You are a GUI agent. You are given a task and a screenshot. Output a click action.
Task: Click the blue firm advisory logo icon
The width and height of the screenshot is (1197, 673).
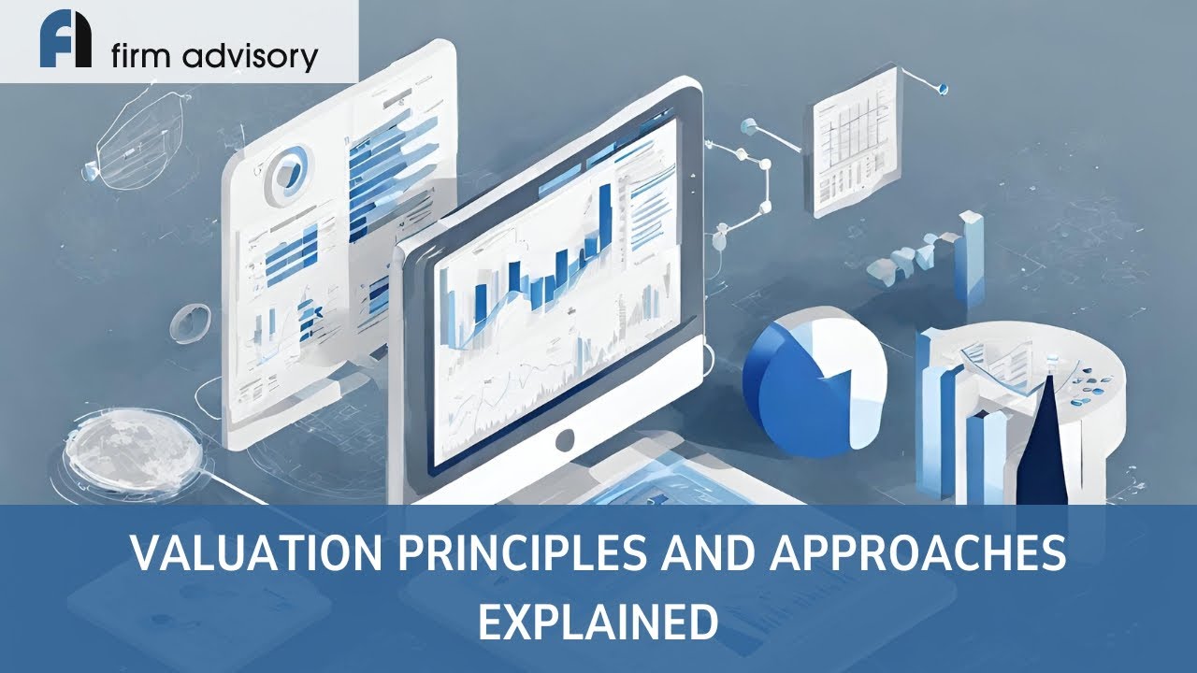(65, 42)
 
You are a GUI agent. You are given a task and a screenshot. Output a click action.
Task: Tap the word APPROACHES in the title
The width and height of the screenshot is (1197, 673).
(918, 554)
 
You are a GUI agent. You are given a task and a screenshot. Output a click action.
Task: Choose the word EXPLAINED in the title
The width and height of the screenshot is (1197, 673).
(598, 622)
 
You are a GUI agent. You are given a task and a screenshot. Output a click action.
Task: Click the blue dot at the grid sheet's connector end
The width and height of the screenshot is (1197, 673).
(943, 89)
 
